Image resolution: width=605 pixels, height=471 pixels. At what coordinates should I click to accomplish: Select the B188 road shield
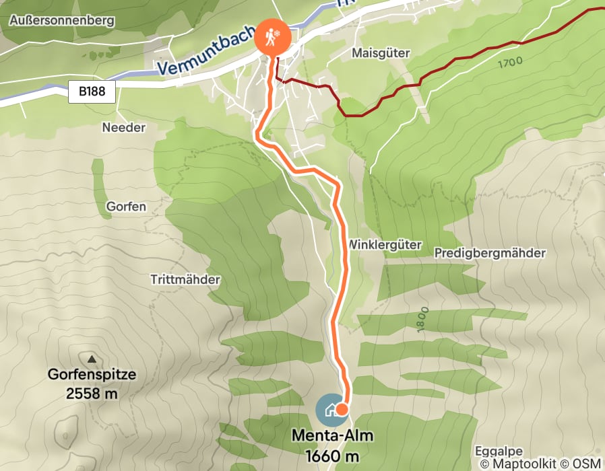tap(92, 92)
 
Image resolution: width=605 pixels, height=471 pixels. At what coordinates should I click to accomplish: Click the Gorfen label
tap(126, 207)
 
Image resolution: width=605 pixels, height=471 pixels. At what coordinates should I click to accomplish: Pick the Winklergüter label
tap(384, 244)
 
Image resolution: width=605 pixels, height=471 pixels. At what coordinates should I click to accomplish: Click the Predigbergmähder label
tap(490, 253)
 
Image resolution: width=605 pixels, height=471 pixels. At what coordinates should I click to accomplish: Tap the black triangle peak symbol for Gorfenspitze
tap(92, 358)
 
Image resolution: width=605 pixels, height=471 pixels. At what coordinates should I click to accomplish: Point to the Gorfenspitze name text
tap(92, 375)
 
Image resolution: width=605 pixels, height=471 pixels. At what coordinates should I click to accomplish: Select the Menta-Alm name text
tap(331, 435)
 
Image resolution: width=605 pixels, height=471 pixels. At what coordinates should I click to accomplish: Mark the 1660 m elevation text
tap(331, 456)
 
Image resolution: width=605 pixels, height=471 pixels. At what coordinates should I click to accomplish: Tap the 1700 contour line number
tap(511, 65)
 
